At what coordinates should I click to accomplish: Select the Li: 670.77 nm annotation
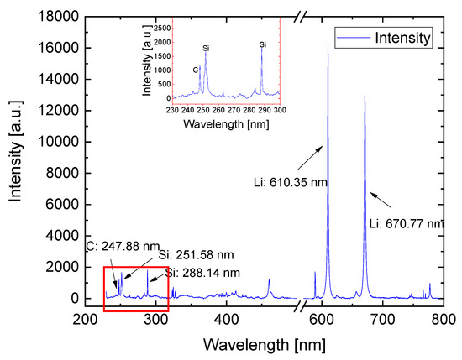(x=405, y=224)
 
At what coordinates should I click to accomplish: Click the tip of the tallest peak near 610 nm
(x=328, y=47)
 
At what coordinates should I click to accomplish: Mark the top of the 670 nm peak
(x=365, y=96)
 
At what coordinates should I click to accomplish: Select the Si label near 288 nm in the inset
(x=263, y=44)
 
